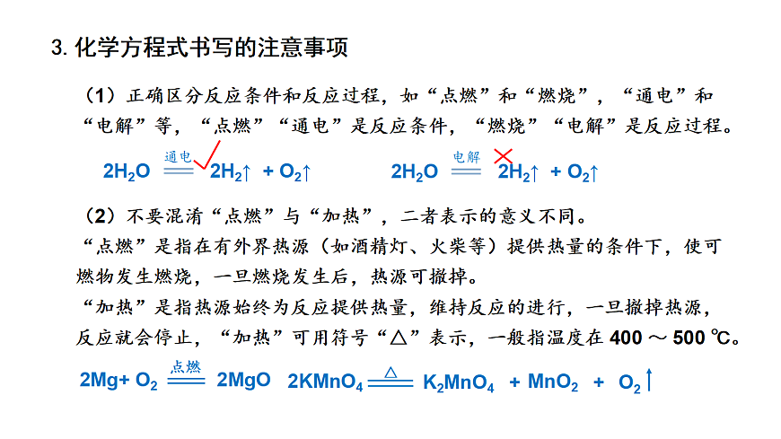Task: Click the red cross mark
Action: [x=503, y=156]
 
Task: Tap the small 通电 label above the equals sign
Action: [x=178, y=157]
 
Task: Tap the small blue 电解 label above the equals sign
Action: [x=466, y=157]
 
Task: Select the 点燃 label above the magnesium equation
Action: [x=186, y=367]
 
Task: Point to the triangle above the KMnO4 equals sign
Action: [x=390, y=373]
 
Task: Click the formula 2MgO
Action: [x=243, y=380]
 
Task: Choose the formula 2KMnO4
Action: [x=325, y=382]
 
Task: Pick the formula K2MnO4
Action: [x=458, y=382]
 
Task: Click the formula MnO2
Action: [x=553, y=382]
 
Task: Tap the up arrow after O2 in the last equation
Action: [x=648, y=381]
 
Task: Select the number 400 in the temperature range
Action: [x=626, y=338]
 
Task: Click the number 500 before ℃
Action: [x=689, y=338]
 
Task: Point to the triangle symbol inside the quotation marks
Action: [x=399, y=338]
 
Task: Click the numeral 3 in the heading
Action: [x=57, y=48]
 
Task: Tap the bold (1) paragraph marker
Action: [x=101, y=95]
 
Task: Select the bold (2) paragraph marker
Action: [x=101, y=215]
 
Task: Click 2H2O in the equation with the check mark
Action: [x=127, y=171]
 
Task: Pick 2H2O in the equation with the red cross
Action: [x=415, y=171]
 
